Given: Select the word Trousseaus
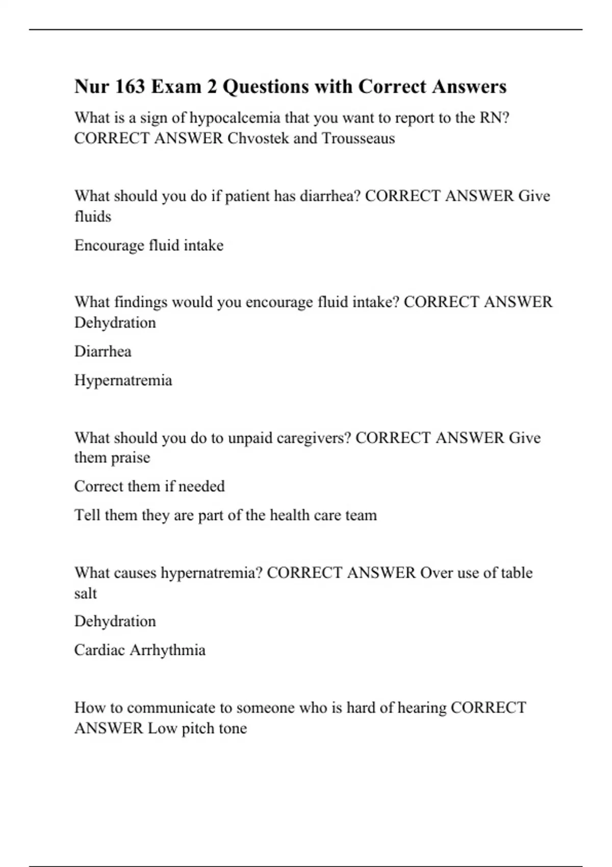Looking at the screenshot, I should (358, 138).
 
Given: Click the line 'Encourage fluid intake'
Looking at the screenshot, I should (149, 245).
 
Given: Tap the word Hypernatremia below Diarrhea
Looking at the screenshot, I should (123, 380).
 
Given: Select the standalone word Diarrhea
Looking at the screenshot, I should (103, 351).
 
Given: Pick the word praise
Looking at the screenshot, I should (130, 457).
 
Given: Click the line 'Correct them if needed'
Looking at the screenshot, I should (149, 486).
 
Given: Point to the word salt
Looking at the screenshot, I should (85, 593).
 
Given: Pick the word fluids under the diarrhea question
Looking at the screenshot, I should (92, 217).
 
